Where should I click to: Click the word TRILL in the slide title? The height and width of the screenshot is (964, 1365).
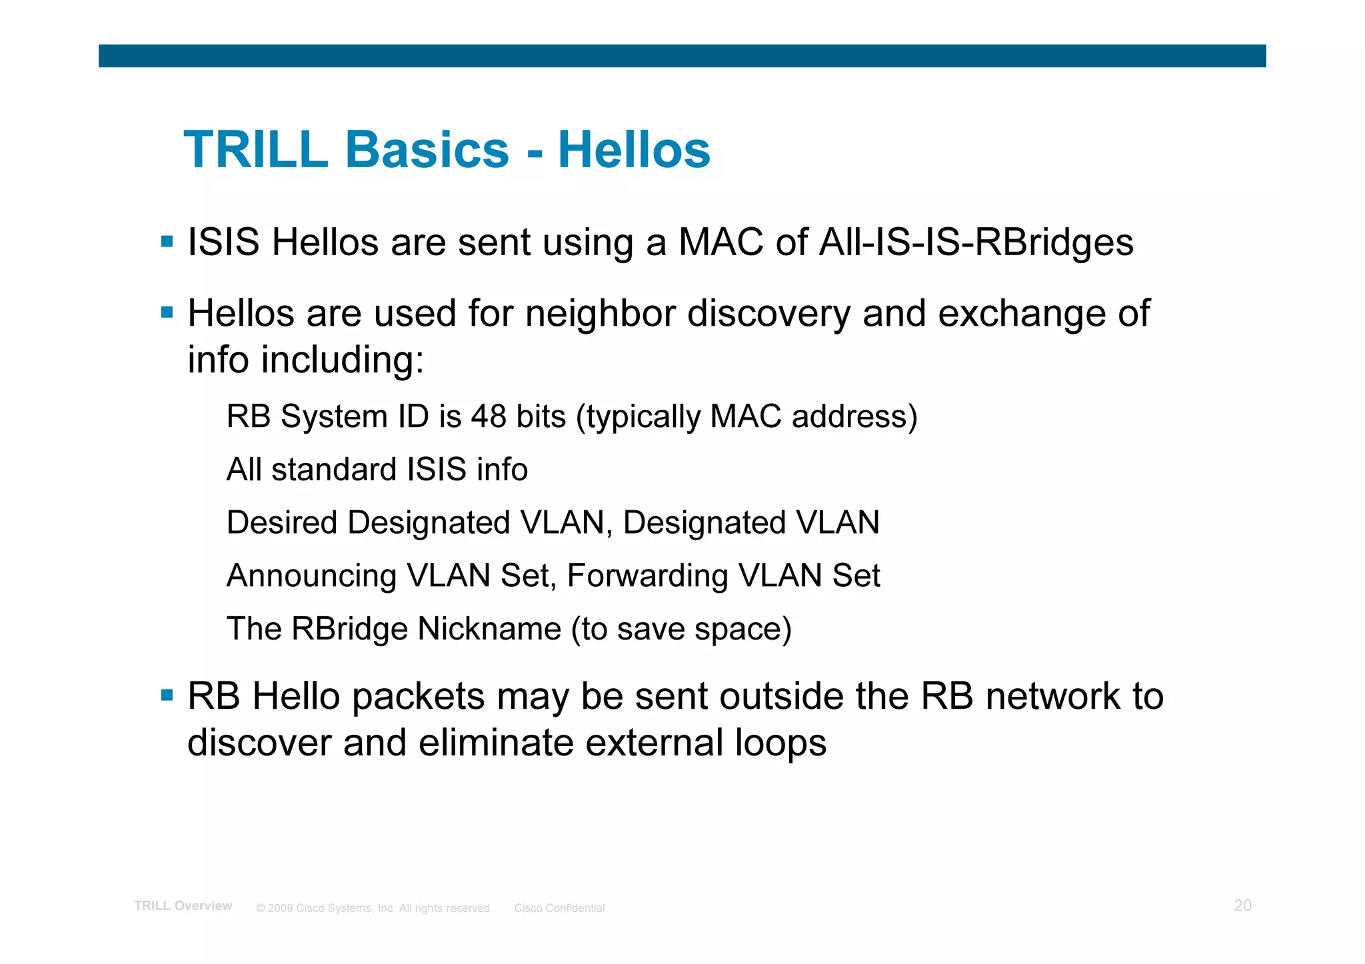[256, 150]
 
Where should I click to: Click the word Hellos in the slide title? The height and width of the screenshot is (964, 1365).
[634, 150]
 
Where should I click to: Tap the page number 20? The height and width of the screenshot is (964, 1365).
[1242, 905]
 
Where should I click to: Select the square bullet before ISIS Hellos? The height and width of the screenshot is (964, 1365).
[167, 241]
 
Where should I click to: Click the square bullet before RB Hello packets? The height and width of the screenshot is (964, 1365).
[167, 696]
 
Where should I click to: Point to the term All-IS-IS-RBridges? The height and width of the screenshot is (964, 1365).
[976, 242]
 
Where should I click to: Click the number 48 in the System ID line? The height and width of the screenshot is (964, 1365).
[489, 416]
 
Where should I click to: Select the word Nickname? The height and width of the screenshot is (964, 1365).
[489, 629]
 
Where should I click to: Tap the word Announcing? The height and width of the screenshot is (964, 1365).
[311, 576]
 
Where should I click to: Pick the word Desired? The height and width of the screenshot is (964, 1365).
[281, 522]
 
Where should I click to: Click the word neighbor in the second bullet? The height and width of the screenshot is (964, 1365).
[600, 313]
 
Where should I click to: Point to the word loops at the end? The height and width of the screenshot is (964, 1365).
[780, 743]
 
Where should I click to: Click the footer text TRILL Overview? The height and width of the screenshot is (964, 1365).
[183, 905]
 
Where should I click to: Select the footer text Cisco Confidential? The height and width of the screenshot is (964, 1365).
[559, 908]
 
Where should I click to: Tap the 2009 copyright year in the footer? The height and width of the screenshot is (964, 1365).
[280, 908]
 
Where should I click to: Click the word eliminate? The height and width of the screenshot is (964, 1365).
[495, 743]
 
